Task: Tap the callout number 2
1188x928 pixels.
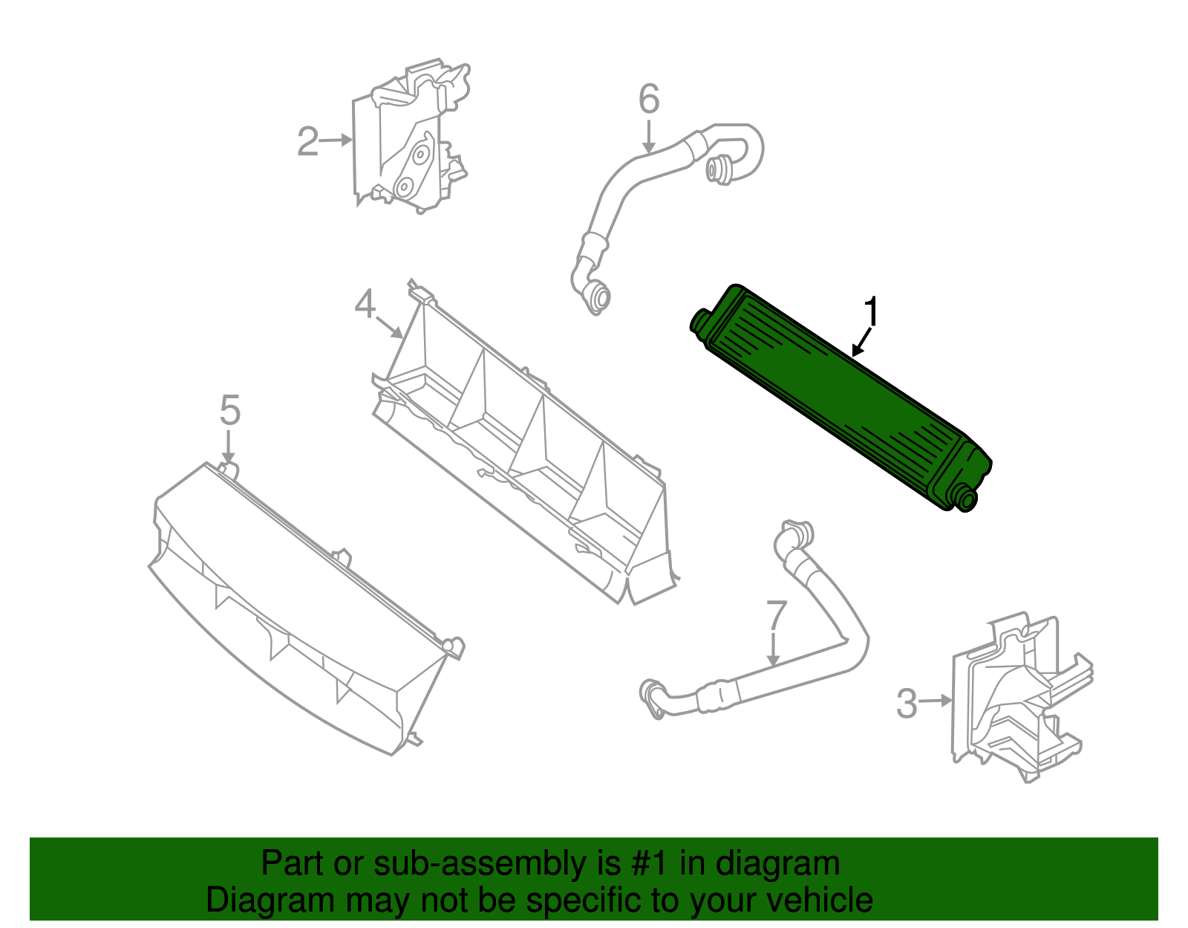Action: pos(307,141)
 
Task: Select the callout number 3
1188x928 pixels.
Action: pos(907,703)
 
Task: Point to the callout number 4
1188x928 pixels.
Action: pos(365,304)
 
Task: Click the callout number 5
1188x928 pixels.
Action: pos(230,410)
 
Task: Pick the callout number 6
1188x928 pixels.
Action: pos(649,99)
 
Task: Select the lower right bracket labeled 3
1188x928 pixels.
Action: pos(1017,698)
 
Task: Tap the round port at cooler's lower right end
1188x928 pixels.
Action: pos(966,499)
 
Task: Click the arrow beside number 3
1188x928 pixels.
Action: pos(937,700)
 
